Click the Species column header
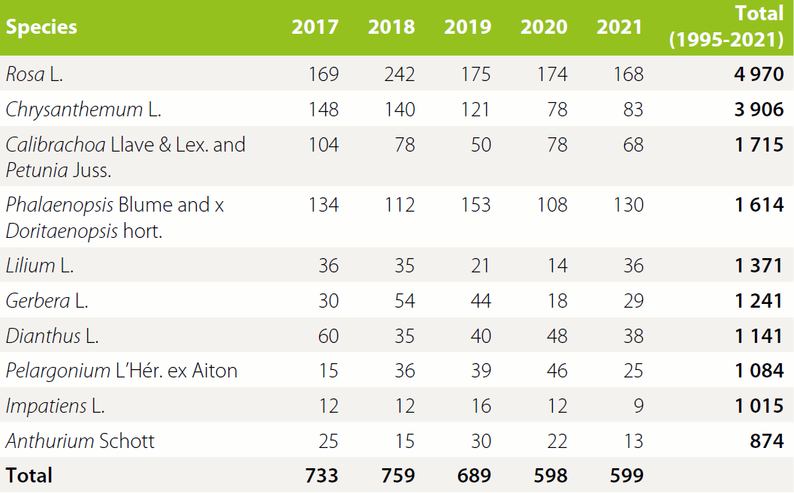41,27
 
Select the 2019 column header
467,27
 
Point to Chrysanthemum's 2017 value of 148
323,110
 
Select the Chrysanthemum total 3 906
759,110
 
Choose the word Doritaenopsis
61,231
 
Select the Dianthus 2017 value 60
328,335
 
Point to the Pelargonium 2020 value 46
557,371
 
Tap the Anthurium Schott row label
80,440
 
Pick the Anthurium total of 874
766,440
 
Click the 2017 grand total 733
322,476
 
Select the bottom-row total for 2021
620,476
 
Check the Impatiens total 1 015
759,406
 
